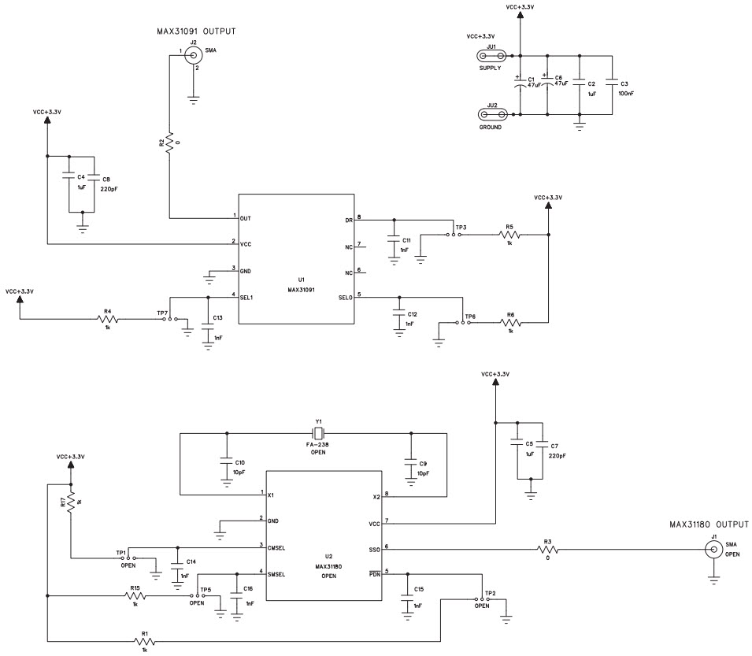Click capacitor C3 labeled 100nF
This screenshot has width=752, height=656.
point(611,86)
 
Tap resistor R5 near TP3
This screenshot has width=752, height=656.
point(509,235)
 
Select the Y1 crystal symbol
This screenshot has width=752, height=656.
point(319,432)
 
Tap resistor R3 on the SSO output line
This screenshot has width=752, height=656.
point(547,549)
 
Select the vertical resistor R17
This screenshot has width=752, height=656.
point(72,501)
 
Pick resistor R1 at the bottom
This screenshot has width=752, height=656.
point(143,642)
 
